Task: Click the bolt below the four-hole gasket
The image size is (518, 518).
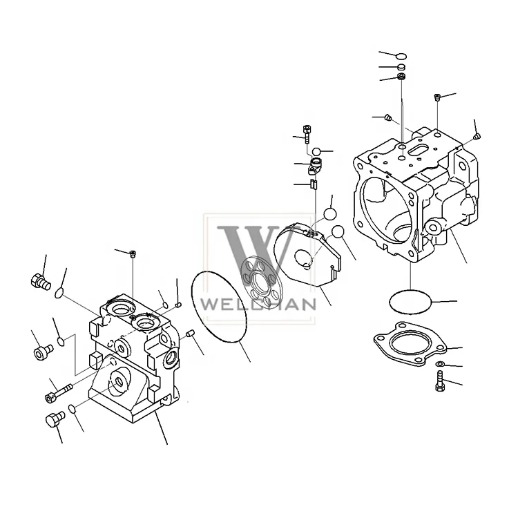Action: click(x=439, y=381)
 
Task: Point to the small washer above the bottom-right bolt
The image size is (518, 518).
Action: click(x=440, y=364)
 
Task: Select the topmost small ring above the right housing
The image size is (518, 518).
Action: click(x=402, y=57)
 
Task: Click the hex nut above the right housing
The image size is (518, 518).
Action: click(x=401, y=77)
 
